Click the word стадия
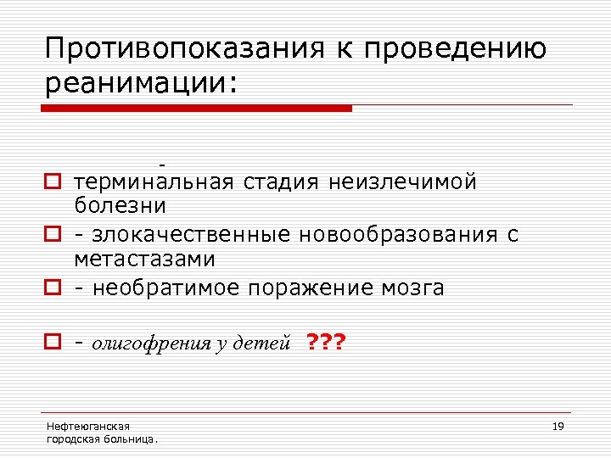[282, 182]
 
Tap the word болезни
[120, 204]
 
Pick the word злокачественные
[189, 234]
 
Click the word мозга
[414, 288]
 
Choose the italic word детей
[268, 343]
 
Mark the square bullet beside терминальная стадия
[53, 182]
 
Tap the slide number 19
[558, 426]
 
